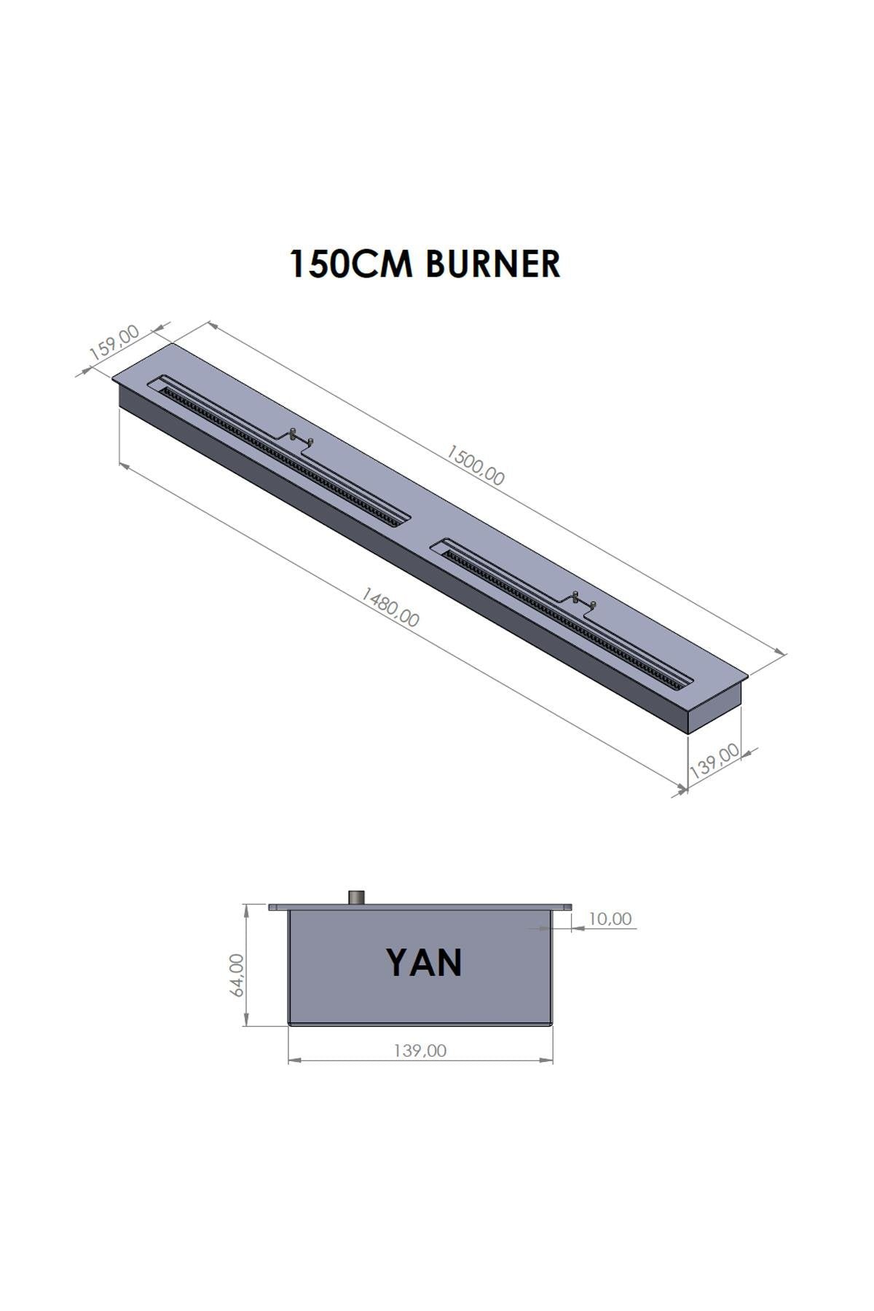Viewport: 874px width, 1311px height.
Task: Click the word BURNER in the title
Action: point(492,264)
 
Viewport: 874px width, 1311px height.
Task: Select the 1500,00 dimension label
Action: point(475,466)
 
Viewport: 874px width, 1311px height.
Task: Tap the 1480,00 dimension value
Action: point(390,608)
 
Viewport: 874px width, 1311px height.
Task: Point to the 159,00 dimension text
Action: point(114,343)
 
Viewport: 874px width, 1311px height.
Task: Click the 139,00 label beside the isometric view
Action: point(714,761)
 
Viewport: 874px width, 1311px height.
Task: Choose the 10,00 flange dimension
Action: point(610,919)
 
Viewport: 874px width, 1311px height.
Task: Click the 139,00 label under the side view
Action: point(420,1051)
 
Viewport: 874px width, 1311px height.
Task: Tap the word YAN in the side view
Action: point(424,963)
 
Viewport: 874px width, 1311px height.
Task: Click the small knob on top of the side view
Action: point(358,897)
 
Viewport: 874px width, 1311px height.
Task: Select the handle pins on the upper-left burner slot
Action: point(301,437)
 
